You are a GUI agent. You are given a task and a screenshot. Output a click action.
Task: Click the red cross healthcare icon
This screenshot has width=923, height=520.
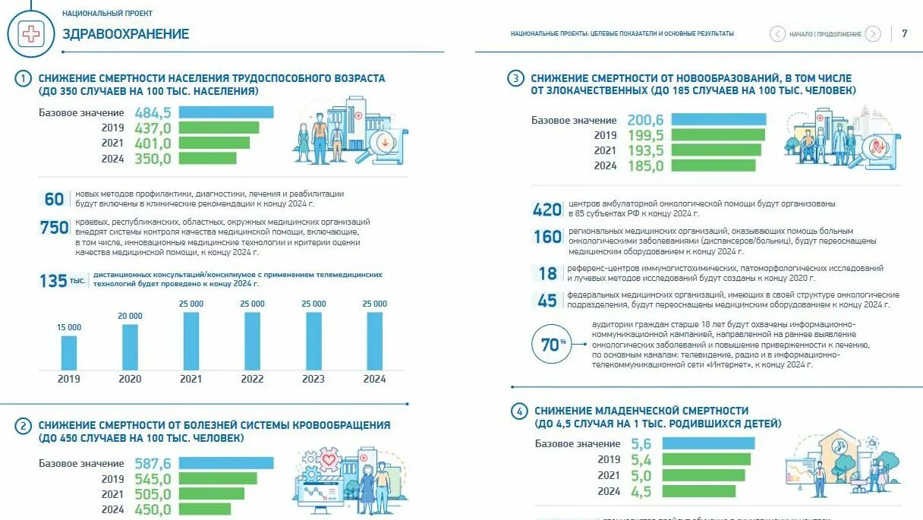tap(31, 33)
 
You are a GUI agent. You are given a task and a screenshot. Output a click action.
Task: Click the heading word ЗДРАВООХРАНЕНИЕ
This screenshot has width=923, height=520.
tap(125, 34)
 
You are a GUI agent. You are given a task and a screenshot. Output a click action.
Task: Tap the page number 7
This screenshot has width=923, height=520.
tap(904, 33)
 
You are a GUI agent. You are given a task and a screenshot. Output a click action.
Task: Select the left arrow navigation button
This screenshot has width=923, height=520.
tap(777, 33)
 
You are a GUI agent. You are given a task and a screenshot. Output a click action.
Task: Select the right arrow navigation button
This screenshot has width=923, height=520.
tap(873, 33)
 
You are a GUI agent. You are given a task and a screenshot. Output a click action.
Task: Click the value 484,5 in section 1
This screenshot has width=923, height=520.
tap(153, 112)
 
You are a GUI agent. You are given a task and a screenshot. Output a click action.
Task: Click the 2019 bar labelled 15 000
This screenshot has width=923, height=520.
tap(68, 351)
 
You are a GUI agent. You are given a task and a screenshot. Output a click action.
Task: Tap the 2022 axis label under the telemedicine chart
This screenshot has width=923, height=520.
tap(252, 379)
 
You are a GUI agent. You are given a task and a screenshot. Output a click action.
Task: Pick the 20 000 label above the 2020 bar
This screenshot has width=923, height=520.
tap(130, 316)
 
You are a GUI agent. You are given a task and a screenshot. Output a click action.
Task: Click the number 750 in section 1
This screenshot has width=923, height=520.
tap(54, 227)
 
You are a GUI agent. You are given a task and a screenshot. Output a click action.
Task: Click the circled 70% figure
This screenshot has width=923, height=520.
tap(551, 343)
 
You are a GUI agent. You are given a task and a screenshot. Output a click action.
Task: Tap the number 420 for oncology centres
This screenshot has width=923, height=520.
tap(547, 210)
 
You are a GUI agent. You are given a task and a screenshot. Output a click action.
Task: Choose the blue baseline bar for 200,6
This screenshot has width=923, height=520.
tap(718, 120)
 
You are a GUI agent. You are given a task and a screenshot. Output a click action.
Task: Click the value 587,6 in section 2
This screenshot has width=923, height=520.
tap(153, 463)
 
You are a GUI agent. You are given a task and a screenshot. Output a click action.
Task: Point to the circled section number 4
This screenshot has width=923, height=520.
tap(519, 411)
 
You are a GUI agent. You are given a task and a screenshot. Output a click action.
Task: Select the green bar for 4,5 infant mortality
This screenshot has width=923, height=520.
tap(698, 491)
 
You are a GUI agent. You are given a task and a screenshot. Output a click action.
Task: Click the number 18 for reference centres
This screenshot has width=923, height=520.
tap(547, 273)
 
